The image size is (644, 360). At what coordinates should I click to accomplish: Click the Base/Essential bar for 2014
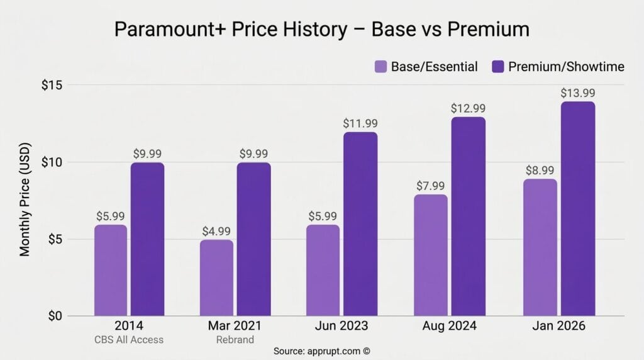(x=111, y=271)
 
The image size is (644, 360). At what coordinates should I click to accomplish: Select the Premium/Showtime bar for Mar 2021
(x=253, y=239)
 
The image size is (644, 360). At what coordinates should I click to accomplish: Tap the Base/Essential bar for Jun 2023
(x=323, y=271)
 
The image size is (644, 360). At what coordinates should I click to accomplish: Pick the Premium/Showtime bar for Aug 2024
(x=467, y=217)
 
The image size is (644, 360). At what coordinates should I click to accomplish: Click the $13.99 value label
(x=578, y=93)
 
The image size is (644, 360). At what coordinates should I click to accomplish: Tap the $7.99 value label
(x=431, y=186)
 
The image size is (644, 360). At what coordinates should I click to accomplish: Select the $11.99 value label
(x=360, y=123)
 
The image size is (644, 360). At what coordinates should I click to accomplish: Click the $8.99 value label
(x=540, y=170)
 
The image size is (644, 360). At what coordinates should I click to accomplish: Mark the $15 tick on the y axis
(x=55, y=85)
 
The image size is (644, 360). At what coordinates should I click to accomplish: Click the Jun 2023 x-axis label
(x=341, y=327)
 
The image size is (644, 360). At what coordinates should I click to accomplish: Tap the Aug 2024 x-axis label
(x=449, y=327)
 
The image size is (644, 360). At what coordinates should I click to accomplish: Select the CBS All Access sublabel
(x=129, y=340)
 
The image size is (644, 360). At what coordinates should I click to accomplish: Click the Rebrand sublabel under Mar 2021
(x=235, y=340)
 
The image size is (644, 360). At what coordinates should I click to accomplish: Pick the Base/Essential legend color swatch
(x=380, y=67)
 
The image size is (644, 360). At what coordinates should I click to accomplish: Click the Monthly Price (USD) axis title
(x=25, y=200)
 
